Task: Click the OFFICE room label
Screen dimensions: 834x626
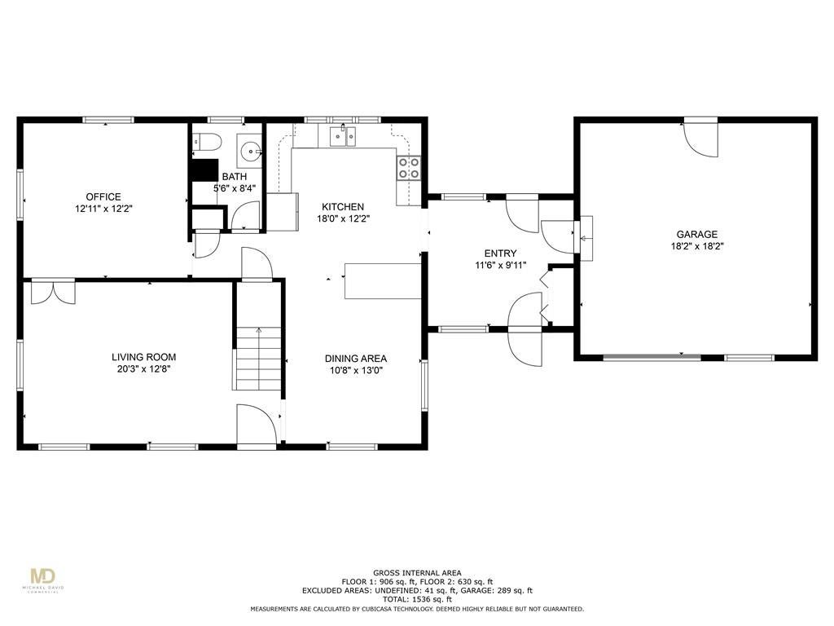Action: (x=103, y=197)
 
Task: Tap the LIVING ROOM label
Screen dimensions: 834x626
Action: (x=143, y=357)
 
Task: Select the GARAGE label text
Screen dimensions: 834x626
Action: (x=697, y=234)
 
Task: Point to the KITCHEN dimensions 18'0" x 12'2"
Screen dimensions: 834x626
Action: (x=343, y=218)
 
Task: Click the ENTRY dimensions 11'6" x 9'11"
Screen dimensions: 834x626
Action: (x=501, y=265)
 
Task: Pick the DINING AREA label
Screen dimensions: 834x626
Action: (x=356, y=359)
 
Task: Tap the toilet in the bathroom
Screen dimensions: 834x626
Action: (x=207, y=141)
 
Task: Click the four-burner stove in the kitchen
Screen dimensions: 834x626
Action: (x=409, y=168)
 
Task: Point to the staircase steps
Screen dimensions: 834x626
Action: (x=258, y=359)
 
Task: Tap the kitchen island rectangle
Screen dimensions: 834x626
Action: (x=383, y=280)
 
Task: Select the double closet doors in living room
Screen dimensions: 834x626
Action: (x=53, y=293)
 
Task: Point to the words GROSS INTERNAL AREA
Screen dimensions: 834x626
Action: (x=417, y=573)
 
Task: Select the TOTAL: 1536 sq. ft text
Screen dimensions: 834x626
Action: (x=417, y=599)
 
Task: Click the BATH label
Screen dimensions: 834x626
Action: (x=235, y=177)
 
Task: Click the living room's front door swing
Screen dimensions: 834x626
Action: (x=257, y=424)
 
